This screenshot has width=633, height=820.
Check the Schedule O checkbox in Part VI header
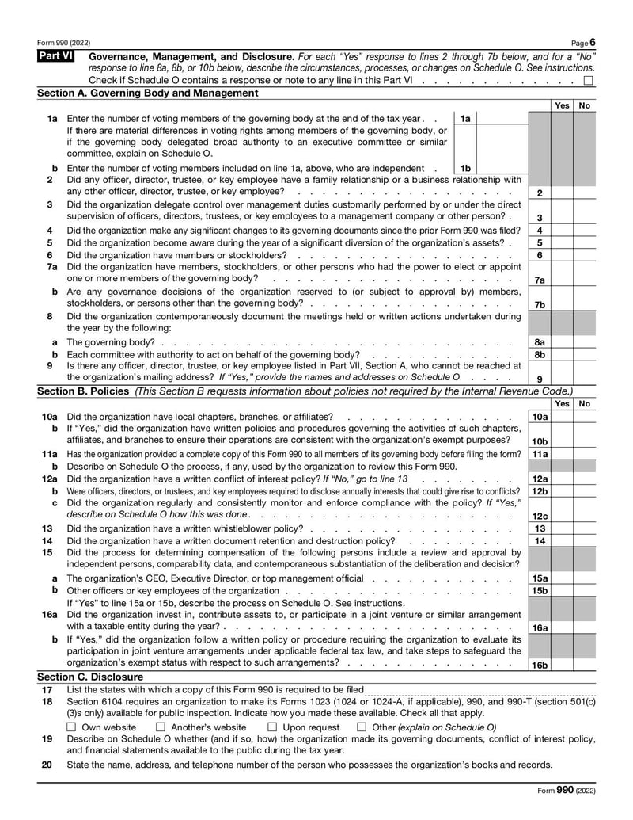(x=589, y=81)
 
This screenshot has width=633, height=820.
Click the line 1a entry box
(x=501, y=119)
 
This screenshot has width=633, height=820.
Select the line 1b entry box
(x=501, y=168)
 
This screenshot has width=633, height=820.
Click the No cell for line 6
(x=585, y=255)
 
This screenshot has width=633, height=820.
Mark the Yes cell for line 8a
(x=562, y=342)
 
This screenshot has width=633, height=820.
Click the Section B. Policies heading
(x=85, y=391)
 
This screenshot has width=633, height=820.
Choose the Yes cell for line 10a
(x=562, y=417)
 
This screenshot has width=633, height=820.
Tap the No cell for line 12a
(x=585, y=479)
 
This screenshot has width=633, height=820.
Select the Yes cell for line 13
(x=562, y=528)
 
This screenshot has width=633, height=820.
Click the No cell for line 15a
(x=585, y=578)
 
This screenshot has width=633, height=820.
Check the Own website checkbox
(x=72, y=727)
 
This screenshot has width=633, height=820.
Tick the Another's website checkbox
(x=161, y=727)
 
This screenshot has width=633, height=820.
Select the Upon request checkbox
(x=272, y=727)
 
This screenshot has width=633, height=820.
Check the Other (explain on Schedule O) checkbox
(x=362, y=727)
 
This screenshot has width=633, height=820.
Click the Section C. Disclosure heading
(x=90, y=677)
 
